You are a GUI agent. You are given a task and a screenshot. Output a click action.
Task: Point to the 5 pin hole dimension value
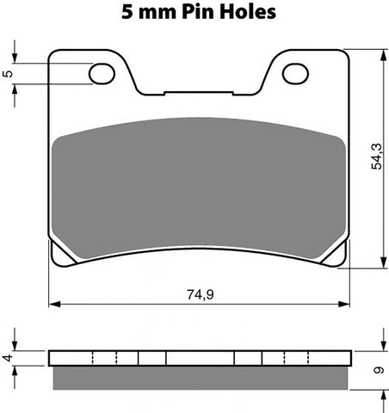[x=9, y=74]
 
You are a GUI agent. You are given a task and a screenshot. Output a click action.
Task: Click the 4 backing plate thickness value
[x=9, y=356]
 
